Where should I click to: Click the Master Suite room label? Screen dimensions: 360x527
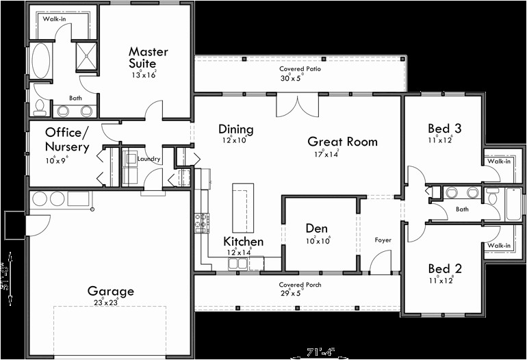pos(149,57)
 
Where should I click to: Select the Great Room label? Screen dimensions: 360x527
pos(342,142)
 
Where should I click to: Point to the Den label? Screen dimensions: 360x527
pos(317,229)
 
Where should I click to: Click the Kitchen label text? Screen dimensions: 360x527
pos(243,242)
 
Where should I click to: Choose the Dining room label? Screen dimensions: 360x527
pos(235,129)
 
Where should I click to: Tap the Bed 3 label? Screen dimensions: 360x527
pos(444,129)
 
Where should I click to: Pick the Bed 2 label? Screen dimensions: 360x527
pos(444,268)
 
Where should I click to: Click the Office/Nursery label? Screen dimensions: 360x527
pos(67,139)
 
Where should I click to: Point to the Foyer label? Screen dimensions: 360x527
pos(383,240)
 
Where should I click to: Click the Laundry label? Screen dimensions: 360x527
pos(149,159)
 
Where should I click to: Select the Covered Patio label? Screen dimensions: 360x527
pos(300,69)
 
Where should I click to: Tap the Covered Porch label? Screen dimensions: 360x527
pos(300,285)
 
